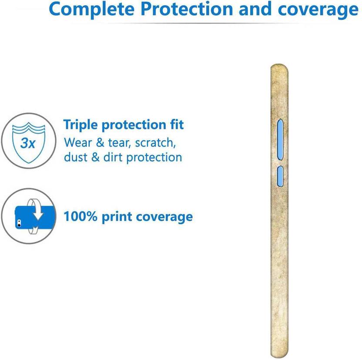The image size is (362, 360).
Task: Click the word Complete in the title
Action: (x=92, y=9)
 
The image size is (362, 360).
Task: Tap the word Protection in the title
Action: (x=187, y=9)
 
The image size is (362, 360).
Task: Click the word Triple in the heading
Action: (x=80, y=125)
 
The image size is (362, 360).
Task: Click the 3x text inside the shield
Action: (x=28, y=143)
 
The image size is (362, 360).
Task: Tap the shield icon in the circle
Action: (x=29, y=143)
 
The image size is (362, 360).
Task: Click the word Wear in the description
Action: (x=78, y=142)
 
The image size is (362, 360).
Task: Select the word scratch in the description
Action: (x=155, y=142)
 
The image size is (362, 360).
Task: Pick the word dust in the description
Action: (x=76, y=157)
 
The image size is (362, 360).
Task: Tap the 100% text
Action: (x=80, y=216)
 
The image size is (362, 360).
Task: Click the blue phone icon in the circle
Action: (x=35, y=217)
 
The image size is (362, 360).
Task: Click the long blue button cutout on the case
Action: (x=280, y=139)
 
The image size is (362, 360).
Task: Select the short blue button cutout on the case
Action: (x=280, y=176)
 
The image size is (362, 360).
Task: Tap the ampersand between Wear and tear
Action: (x=100, y=142)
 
